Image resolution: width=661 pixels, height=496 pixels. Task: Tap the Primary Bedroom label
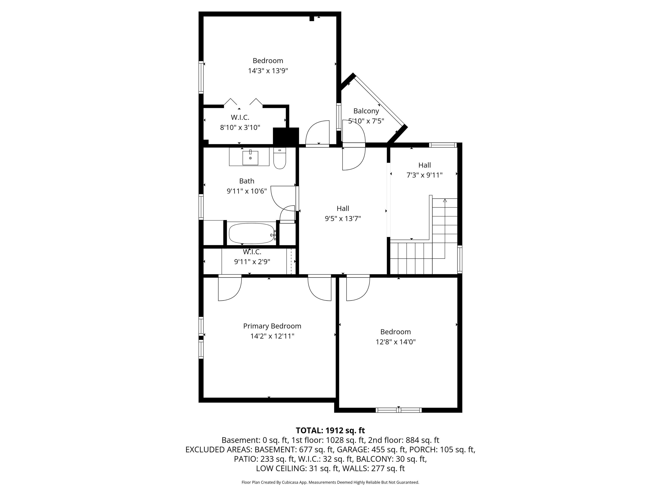pyautogui.click(x=272, y=326)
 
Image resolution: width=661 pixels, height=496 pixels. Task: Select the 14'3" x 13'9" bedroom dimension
pyautogui.click(x=268, y=71)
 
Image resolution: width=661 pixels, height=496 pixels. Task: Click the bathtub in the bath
pyautogui.click(x=252, y=233)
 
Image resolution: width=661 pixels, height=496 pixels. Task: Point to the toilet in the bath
pyautogui.click(x=280, y=158)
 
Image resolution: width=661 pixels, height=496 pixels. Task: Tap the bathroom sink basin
pyautogui.click(x=250, y=158)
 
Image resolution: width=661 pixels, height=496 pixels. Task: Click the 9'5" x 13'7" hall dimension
pyautogui.click(x=343, y=218)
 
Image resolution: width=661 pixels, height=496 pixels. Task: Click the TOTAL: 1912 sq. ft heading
pyautogui.click(x=330, y=431)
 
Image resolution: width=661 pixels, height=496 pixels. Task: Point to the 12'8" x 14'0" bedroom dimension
pyautogui.click(x=395, y=342)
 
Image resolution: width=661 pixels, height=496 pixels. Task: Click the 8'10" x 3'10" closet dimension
pyautogui.click(x=240, y=128)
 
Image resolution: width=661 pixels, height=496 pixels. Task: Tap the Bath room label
pyautogui.click(x=247, y=181)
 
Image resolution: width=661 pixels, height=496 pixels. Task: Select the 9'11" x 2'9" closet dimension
pyautogui.click(x=252, y=262)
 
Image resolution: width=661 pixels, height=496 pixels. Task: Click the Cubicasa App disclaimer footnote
pyautogui.click(x=330, y=482)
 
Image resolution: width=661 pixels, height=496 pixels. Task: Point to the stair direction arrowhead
pyautogui.click(x=445, y=200)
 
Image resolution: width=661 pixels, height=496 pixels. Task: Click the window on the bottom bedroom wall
pyautogui.click(x=398, y=410)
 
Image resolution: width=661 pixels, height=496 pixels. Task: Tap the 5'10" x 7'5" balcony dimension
pyautogui.click(x=366, y=121)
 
